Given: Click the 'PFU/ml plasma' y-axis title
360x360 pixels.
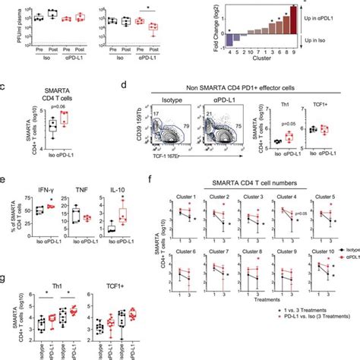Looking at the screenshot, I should coord(6,22).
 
